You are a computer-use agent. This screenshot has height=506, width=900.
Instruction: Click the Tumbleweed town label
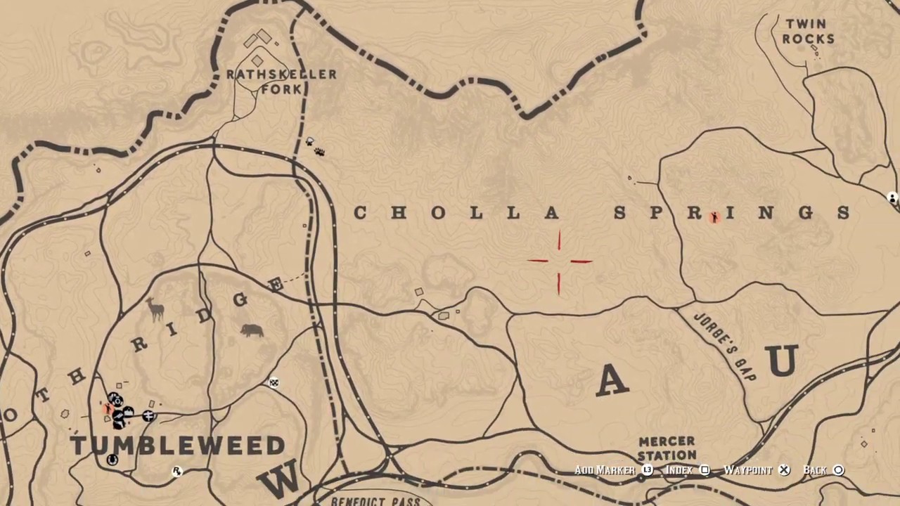[x=178, y=446]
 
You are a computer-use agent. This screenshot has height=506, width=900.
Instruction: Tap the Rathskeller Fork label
[x=281, y=82]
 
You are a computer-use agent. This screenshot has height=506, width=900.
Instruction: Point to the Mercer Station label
[x=667, y=448]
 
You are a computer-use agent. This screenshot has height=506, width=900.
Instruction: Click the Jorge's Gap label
[x=725, y=347]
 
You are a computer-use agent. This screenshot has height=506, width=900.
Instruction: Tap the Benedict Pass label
[x=375, y=501]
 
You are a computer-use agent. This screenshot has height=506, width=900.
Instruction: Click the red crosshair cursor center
[x=560, y=261]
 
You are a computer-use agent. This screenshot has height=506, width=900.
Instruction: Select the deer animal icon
[x=155, y=309]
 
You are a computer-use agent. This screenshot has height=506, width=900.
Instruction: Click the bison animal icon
[x=252, y=330]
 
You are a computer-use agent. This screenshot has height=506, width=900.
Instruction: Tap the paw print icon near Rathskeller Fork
[x=319, y=151]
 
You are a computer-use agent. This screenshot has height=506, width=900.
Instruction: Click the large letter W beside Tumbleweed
[x=281, y=479]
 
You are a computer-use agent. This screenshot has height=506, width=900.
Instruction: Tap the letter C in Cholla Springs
[x=360, y=213]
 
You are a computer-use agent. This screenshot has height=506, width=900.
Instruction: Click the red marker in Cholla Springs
[x=714, y=217]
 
